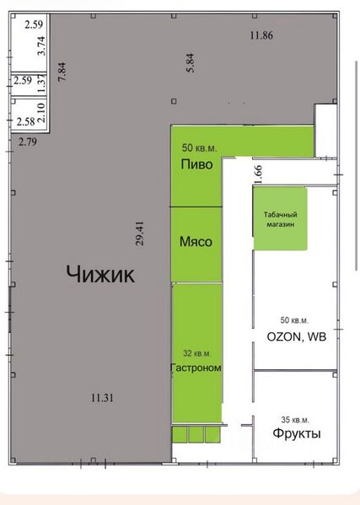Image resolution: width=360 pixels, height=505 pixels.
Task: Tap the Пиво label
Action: [x=196, y=164]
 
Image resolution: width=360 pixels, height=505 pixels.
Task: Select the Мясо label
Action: [x=196, y=241]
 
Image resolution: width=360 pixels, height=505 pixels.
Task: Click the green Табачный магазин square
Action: [x=280, y=218]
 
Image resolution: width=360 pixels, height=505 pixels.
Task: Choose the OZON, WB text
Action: [x=296, y=337]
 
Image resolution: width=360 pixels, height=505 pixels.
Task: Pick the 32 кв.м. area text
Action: [x=197, y=353]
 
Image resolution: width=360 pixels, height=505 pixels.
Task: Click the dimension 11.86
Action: [x=261, y=35]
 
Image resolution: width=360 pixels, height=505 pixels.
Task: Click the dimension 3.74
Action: [x=42, y=46]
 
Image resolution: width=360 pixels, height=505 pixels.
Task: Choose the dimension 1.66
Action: [x=258, y=175]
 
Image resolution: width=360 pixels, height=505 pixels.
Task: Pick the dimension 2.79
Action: [x=29, y=142]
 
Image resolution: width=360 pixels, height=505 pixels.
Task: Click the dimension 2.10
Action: [x=44, y=108]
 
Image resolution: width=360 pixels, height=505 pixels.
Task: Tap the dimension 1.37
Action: [x=43, y=81]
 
